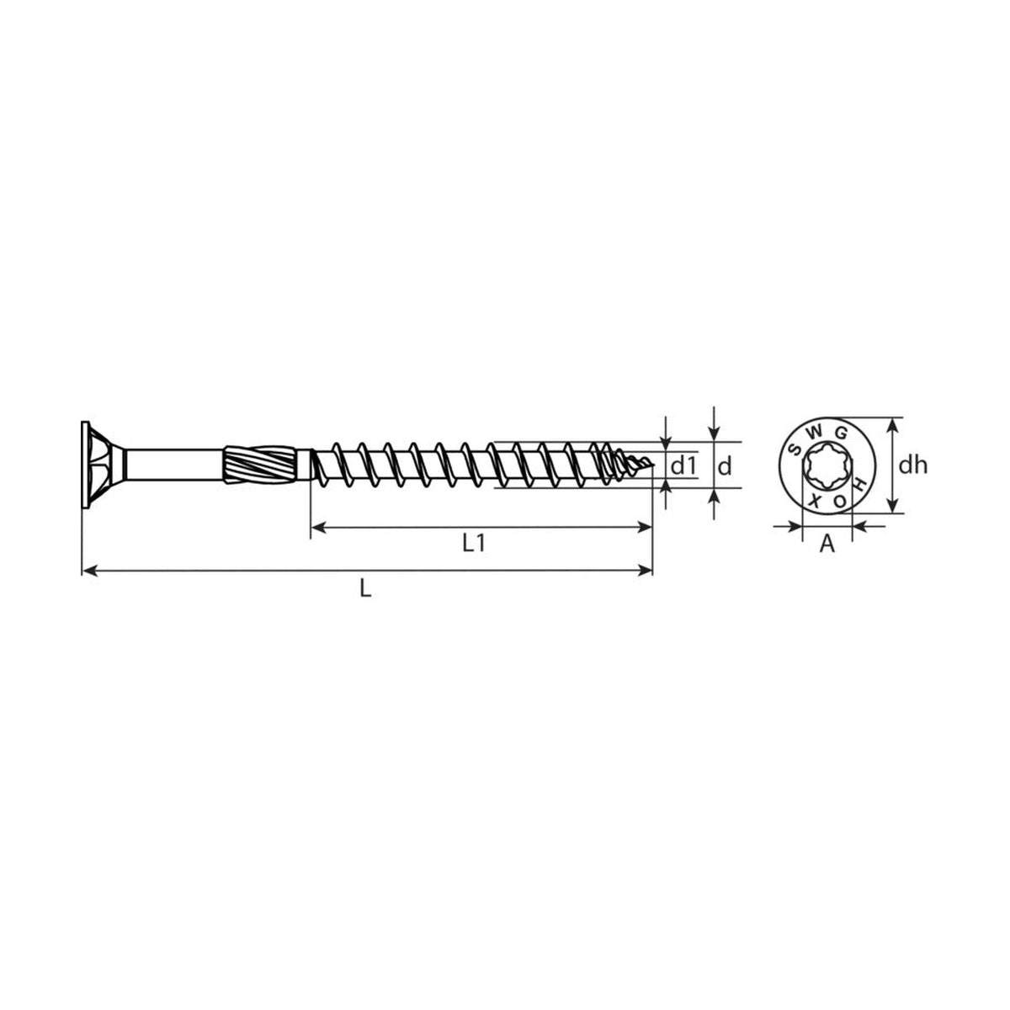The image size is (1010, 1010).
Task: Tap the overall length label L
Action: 365,589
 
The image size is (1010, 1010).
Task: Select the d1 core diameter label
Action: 683,465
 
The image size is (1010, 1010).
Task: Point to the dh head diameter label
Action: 912,465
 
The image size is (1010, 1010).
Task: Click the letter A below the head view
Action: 827,544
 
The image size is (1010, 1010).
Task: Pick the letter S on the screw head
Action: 795,449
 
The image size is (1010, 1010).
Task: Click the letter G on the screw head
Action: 841,433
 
